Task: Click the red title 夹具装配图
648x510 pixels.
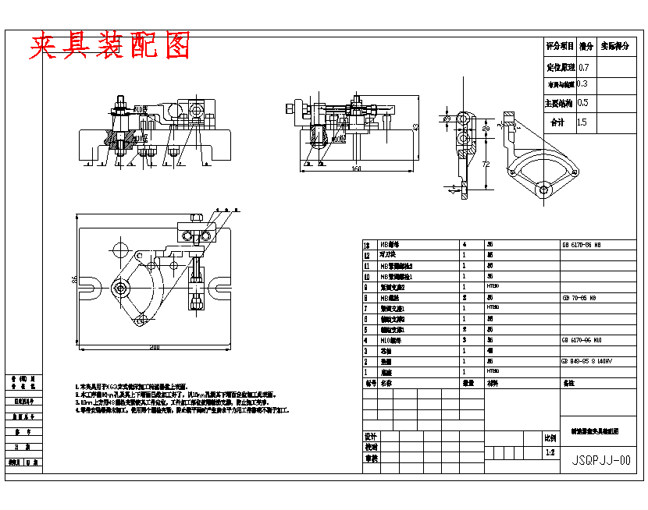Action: pos(110,47)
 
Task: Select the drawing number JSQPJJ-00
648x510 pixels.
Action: pos(600,460)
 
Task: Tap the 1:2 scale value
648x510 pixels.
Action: pos(550,452)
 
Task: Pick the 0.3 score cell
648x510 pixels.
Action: pos(582,84)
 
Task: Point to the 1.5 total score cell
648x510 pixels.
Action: pos(582,122)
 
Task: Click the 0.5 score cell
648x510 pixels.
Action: pos(583,103)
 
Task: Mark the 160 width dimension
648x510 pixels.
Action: pos(356,168)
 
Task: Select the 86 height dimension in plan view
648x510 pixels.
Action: pos(68,279)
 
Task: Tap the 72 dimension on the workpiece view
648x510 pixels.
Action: pos(486,165)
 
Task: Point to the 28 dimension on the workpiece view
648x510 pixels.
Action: pos(485,129)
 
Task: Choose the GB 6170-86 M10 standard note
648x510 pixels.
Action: pos(582,340)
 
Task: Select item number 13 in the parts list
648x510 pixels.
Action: pos(367,244)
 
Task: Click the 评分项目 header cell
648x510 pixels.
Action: pos(560,47)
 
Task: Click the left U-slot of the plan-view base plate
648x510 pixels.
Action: pos(90,288)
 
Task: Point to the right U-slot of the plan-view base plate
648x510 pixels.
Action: pos(222,287)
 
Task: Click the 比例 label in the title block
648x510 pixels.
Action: pos(550,438)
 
